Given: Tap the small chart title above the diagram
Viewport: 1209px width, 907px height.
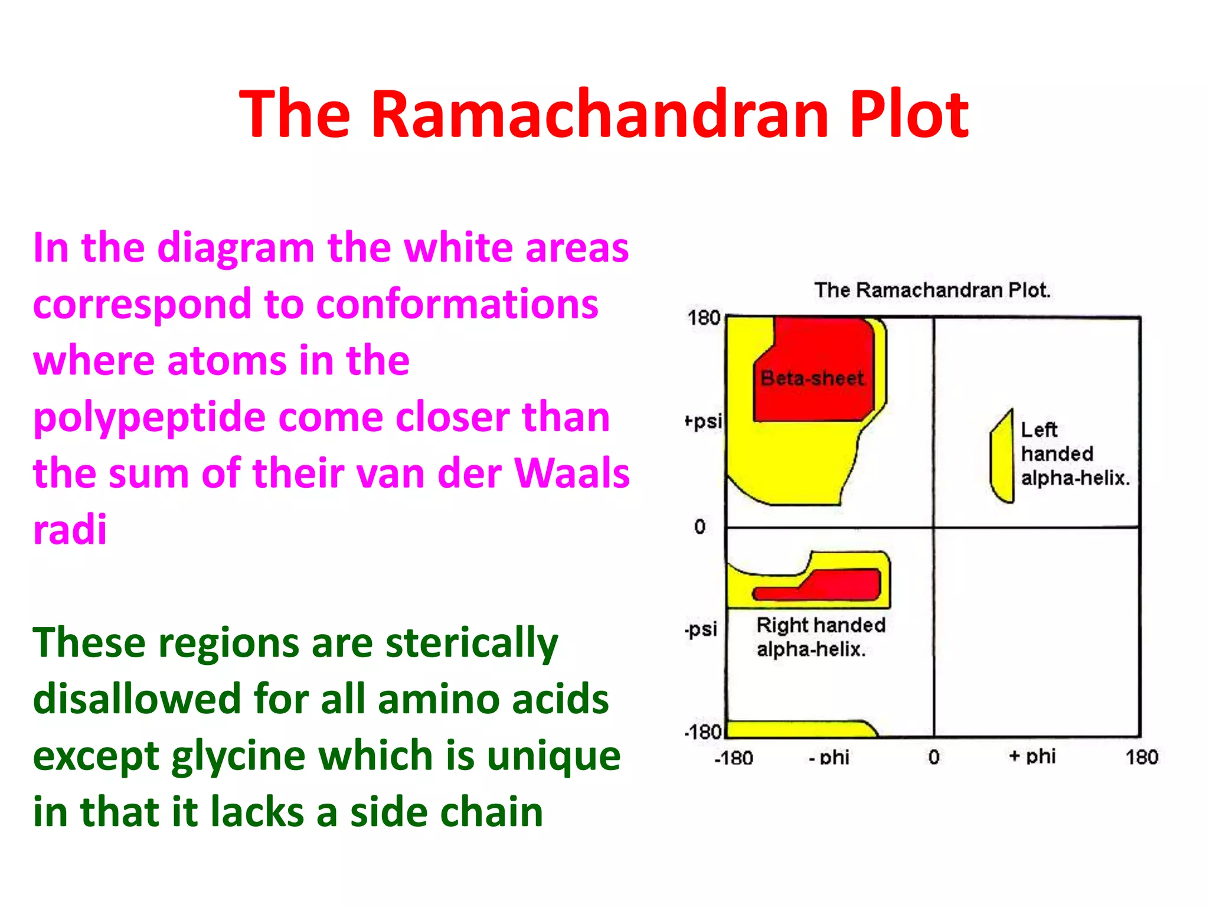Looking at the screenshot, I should click(x=932, y=290).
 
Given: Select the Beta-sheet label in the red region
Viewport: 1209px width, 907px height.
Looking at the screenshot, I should click(x=812, y=378).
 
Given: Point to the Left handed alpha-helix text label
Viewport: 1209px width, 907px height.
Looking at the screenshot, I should click(x=1074, y=453).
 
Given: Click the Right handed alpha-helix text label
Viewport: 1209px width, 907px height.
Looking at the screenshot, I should click(x=821, y=637).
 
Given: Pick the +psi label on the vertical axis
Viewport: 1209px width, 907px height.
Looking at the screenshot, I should click(x=704, y=421).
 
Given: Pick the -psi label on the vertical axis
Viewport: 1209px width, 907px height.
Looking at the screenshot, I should click(x=701, y=628).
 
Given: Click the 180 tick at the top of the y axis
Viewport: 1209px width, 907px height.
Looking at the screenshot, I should click(x=704, y=318).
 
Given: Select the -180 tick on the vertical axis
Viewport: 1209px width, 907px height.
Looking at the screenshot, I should click(x=702, y=732).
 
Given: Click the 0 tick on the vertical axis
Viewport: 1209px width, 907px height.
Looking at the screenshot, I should click(x=700, y=526).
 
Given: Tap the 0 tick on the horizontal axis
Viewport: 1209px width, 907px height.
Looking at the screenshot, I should click(x=934, y=757).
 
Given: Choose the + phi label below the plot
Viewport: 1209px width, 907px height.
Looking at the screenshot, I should click(x=1032, y=756).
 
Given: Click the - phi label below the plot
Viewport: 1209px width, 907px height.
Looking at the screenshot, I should click(x=829, y=757).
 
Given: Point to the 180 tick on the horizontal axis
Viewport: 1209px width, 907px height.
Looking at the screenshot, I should click(x=1142, y=757).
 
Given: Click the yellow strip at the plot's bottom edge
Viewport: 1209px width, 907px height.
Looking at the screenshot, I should click(x=797, y=729).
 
